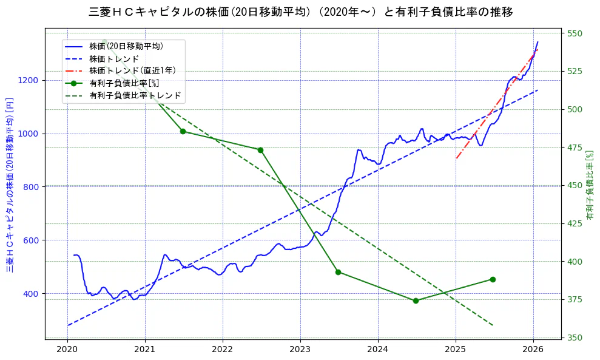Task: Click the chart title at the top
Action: click(300, 12)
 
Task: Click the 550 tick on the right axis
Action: click(574, 33)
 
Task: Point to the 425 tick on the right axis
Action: click(574, 223)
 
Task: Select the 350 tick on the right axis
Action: click(574, 338)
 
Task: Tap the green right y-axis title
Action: click(589, 185)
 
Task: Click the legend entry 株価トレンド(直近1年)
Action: click(132, 70)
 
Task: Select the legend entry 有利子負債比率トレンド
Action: click(135, 95)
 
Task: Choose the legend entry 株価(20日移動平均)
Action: click(126, 46)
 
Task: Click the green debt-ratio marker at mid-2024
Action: click(416, 301)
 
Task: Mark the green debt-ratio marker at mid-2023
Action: click(338, 272)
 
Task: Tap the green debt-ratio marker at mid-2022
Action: click(260, 150)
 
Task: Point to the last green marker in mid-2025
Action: click(493, 279)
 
